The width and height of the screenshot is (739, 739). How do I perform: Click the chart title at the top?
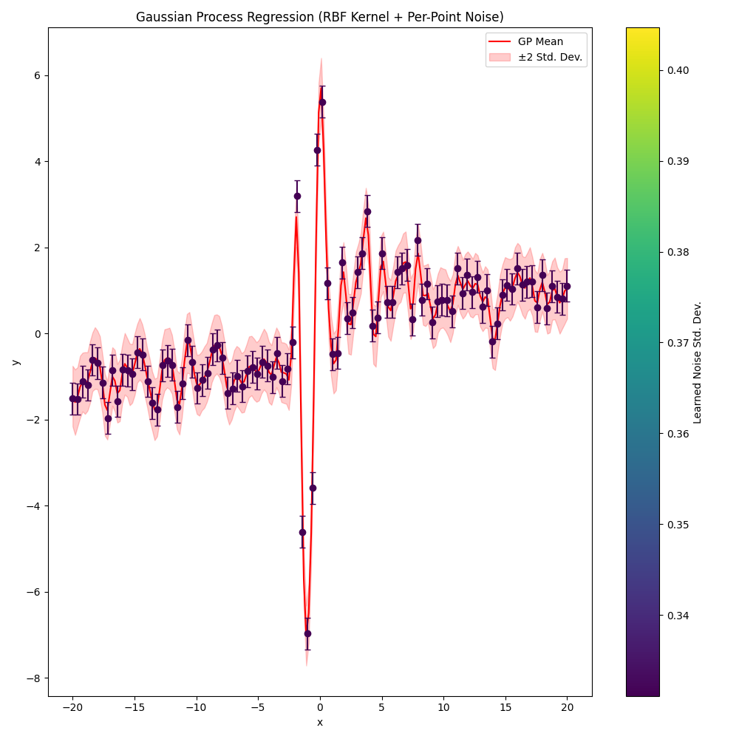(320, 17)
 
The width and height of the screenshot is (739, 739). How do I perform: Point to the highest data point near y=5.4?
(322, 102)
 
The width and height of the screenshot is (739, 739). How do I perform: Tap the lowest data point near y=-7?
(307, 633)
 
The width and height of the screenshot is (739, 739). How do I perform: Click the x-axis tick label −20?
(72, 708)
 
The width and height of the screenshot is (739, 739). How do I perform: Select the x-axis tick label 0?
(320, 708)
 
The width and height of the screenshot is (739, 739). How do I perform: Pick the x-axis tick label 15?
(505, 708)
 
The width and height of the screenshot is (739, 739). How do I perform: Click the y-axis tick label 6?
(36, 75)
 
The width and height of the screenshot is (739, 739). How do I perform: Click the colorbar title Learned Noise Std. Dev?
(698, 362)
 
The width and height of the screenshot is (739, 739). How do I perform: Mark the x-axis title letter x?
(320, 722)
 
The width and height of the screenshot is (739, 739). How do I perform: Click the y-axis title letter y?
(15, 362)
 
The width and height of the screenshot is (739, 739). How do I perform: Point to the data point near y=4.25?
(317, 150)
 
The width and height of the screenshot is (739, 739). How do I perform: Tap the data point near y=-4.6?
(302, 532)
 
